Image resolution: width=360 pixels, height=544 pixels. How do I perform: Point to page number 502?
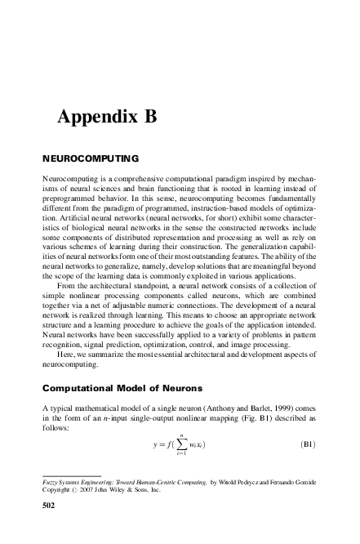(49, 506)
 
